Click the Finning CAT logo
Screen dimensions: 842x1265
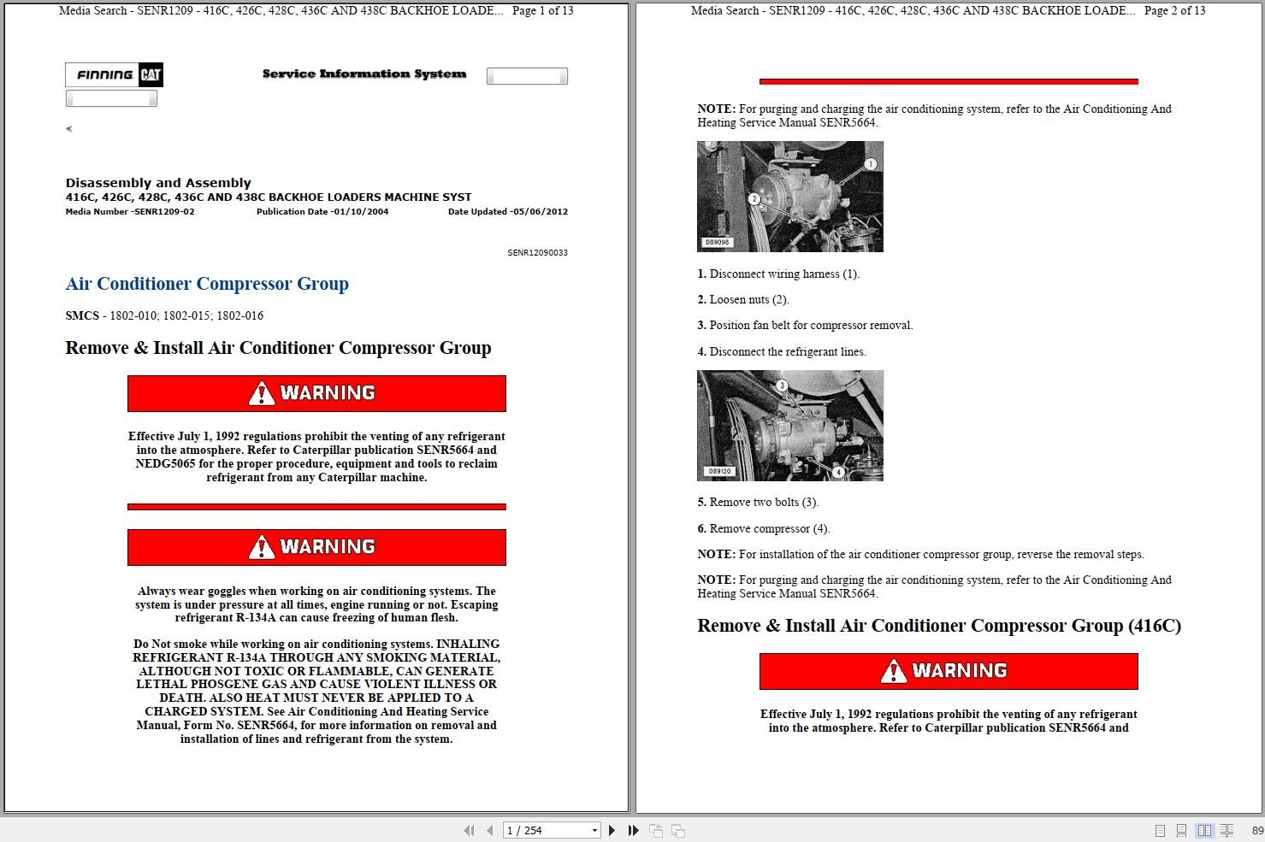coord(114,75)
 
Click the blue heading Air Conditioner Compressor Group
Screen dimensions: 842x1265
coord(207,284)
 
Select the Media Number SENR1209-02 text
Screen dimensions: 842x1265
coord(130,212)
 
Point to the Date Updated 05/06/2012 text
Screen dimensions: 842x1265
coord(507,212)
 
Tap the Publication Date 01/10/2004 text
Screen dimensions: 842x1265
coord(322,212)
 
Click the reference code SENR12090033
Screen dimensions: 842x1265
coord(537,253)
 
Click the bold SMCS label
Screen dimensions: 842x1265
coord(82,315)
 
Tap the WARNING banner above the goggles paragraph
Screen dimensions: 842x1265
coord(316,547)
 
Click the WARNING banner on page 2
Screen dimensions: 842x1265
coord(948,671)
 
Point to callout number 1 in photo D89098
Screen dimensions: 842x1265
coord(870,164)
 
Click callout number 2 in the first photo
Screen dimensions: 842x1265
coord(754,199)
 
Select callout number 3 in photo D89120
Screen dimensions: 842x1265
coord(781,386)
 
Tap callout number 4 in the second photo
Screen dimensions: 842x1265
coord(838,472)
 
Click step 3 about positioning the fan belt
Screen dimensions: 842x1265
coord(805,326)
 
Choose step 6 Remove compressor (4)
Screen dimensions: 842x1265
coord(763,529)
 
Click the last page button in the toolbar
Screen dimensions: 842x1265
coord(633,830)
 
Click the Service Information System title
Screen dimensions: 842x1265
coord(364,74)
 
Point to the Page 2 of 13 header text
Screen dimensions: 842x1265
coord(1174,11)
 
